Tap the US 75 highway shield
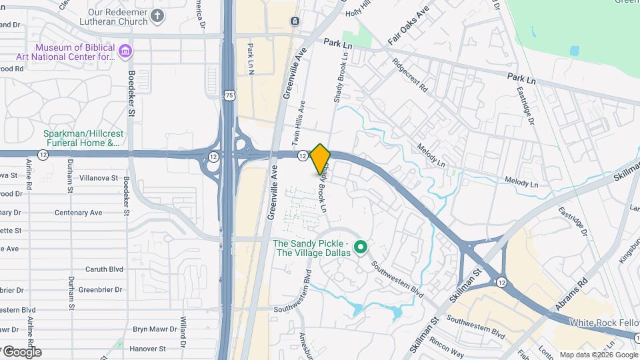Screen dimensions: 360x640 coord(229,96)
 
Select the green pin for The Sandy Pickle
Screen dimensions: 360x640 coord(361,248)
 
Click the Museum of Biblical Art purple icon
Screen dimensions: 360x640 coord(125,51)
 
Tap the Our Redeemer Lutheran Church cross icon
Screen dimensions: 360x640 coord(157,16)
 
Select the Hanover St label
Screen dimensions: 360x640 coord(148,348)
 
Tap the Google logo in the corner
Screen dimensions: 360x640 coord(21,351)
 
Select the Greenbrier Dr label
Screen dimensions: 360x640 coord(100,289)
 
